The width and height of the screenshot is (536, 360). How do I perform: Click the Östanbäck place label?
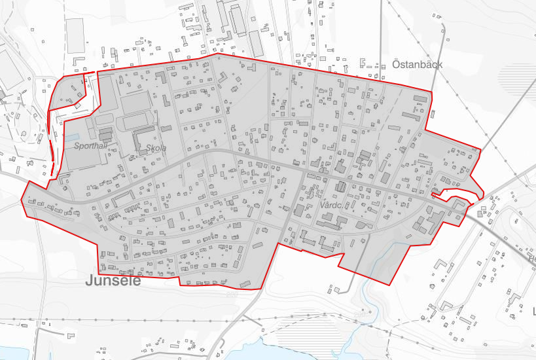(x=418, y=64)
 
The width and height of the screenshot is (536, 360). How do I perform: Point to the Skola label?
(x=156, y=149)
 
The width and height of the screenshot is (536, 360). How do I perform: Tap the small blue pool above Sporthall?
(x=70, y=139)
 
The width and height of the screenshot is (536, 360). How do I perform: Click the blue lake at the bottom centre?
(x=288, y=350)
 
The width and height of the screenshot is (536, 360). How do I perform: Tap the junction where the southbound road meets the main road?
(x=303, y=173)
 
